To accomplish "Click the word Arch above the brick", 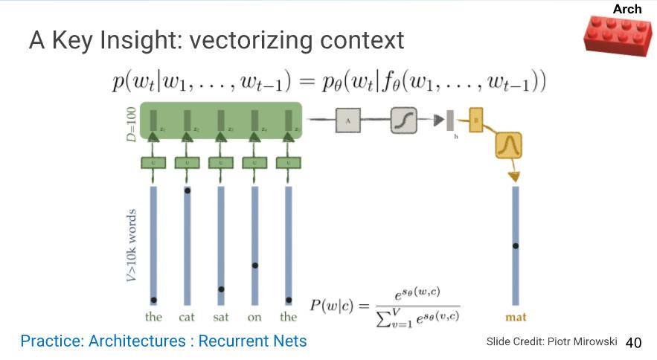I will point(626,9).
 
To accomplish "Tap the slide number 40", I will point(633,343).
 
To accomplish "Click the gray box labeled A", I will point(348,120).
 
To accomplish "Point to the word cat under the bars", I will point(187,318).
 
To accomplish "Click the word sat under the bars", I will point(221,318).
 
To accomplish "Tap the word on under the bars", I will point(254,318).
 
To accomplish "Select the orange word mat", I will point(516,318).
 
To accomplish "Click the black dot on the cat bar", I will point(188,191).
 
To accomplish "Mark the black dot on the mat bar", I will point(516,245).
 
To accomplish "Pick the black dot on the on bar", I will point(255,266).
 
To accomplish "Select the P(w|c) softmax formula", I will point(385,305).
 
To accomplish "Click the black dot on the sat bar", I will point(221,289).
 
